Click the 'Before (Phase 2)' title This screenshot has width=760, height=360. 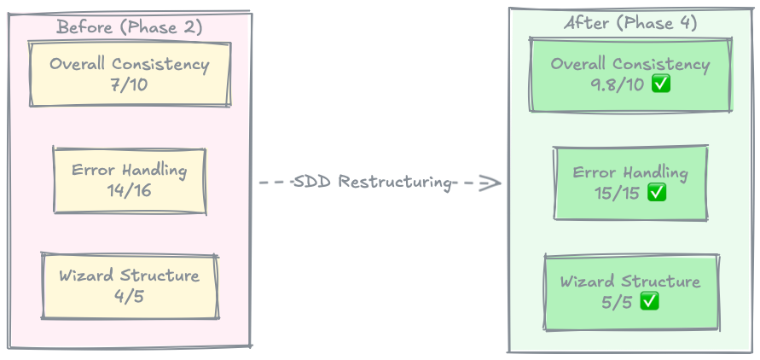click(129, 27)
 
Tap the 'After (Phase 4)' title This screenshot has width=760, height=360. click(630, 23)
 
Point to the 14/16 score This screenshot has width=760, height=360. click(129, 190)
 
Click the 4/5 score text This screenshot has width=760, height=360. click(129, 296)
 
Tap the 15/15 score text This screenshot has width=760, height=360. click(618, 193)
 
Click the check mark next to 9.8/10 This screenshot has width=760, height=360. click(660, 84)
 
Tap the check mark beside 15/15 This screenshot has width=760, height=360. click(656, 193)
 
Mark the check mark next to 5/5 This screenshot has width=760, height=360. click(649, 301)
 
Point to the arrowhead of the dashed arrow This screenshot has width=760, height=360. click(493, 183)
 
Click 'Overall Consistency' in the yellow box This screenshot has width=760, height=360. click(129, 64)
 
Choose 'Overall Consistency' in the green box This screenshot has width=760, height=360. click(629, 65)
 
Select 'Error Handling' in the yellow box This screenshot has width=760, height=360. click(129, 170)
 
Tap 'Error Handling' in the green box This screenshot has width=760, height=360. click(629, 172)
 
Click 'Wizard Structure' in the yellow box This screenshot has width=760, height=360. click(129, 276)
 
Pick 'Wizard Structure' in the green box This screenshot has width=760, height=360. click(629, 282)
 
